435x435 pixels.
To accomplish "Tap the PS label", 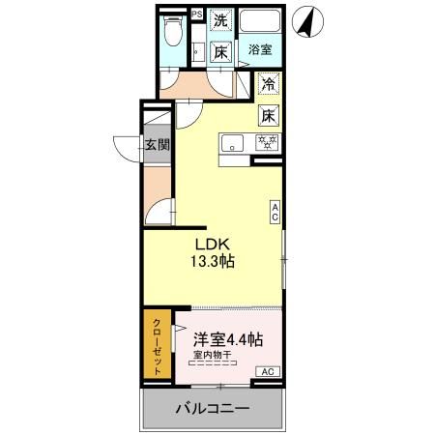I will [x=196, y=14].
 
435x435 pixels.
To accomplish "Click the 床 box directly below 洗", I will [x=221, y=52].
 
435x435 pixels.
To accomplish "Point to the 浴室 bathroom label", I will [x=258, y=49].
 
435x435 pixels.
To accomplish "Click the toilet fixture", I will [x=172, y=33].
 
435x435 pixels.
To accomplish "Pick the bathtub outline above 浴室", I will [x=260, y=22].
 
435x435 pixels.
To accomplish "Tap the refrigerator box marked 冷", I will [x=268, y=84].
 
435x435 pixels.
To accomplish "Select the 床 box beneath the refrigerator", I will [x=268, y=115].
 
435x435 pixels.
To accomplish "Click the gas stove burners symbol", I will [x=267, y=143].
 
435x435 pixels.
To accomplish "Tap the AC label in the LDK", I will [x=275, y=213].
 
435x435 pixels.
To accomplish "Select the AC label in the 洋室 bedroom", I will [x=268, y=372].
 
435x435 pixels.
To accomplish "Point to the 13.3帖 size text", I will [x=214, y=261].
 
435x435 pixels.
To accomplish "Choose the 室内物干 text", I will [x=212, y=355].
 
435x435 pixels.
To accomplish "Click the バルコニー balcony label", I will [x=212, y=408].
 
